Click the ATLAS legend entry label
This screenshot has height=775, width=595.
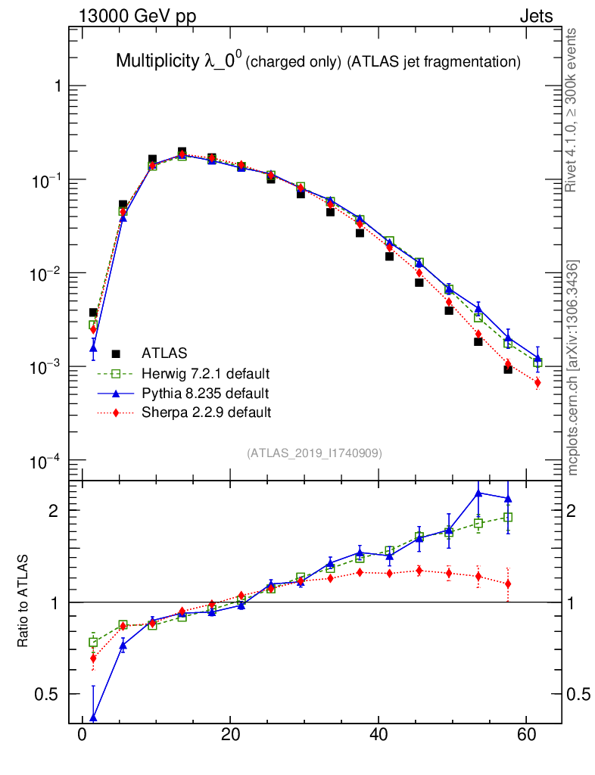coord(165,353)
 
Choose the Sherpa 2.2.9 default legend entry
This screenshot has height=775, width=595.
coord(206,412)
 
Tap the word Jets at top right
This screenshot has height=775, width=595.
coord(535,17)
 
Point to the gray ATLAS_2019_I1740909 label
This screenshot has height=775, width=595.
coord(314,453)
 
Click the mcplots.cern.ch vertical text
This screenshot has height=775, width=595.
coord(573,368)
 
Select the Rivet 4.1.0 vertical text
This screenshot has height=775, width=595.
coord(572,110)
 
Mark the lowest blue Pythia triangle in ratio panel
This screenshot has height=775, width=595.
coord(93,717)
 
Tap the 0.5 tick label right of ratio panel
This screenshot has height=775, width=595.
coord(579,694)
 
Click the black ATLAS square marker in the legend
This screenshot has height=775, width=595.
coord(116,353)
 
